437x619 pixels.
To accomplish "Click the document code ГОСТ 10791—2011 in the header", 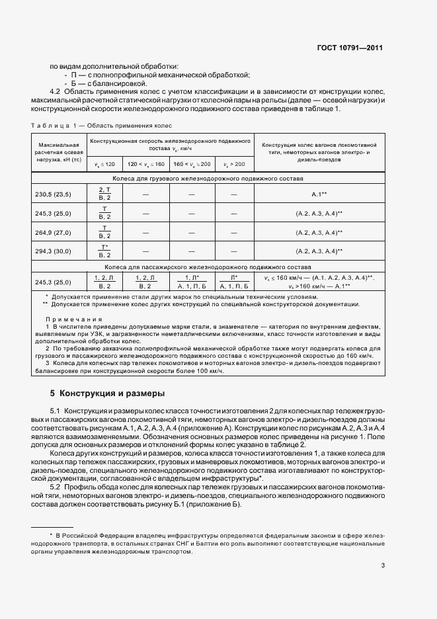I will click(x=349, y=48).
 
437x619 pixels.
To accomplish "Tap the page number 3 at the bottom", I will click(x=383, y=565).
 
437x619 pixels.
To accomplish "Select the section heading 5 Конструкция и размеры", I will click(x=107, y=393).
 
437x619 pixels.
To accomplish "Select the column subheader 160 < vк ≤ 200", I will click(x=192, y=163).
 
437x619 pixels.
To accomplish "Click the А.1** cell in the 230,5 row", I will click(x=319, y=194).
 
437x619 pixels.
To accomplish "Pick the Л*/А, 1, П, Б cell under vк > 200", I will click(x=233, y=282).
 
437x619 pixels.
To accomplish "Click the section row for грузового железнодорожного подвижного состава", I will click(x=208, y=179).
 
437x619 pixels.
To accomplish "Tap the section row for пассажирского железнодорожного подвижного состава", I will click(x=208, y=267).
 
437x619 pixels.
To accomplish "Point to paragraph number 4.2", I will click(x=56, y=91).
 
